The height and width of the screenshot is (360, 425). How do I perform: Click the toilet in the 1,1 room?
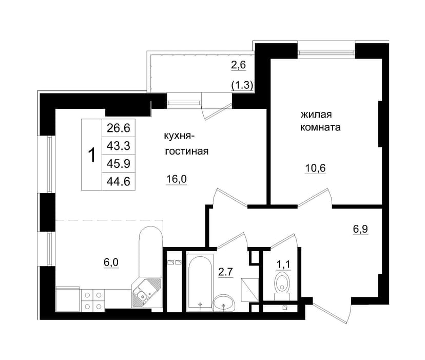(282, 287)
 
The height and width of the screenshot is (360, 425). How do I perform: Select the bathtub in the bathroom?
(200, 282)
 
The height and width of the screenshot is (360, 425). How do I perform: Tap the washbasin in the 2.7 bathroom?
(224, 303)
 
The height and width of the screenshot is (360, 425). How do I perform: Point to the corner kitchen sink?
(146, 293)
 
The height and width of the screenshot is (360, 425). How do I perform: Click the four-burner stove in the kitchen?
(93, 300)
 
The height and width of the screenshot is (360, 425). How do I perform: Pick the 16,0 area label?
(177, 179)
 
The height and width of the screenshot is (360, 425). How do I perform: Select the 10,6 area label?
(316, 168)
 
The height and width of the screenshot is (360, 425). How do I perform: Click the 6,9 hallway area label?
(360, 230)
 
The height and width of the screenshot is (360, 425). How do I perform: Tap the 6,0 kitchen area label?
(111, 262)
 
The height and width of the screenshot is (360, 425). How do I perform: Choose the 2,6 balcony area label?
(238, 65)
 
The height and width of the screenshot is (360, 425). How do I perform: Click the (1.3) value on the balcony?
(242, 85)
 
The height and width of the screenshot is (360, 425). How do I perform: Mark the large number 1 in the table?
(92, 155)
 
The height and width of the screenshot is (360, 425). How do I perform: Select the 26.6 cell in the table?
(119, 128)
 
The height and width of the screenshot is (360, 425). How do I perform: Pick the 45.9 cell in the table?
(119, 164)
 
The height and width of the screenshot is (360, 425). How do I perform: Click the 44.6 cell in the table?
(119, 181)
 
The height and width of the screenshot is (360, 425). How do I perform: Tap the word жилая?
(316, 115)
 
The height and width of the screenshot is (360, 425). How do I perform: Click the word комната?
(320, 127)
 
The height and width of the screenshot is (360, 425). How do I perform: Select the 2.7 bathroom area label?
(226, 272)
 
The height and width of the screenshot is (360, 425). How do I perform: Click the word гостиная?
(187, 151)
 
